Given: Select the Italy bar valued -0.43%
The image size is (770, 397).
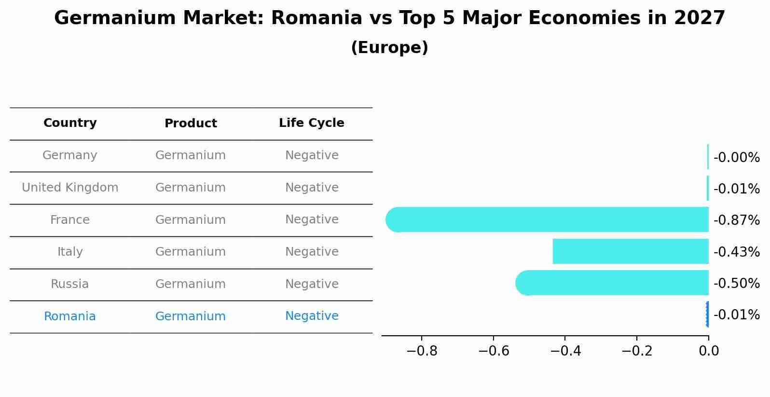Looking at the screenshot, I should click(x=630, y=251).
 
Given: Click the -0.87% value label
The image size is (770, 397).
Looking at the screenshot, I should click(x=736, y=220).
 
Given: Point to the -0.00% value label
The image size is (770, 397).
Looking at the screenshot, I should click(x=736, y=158).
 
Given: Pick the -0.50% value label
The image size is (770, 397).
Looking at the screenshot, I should click(x=736, y=283).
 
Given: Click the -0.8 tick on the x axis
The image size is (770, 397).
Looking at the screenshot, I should click(x=422, y=351).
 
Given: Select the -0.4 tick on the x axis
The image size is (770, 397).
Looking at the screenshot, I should click(x=565, y=351).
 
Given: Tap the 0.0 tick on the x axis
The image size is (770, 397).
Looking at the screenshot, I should click(x=708, y=351).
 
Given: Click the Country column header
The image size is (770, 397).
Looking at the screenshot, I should click(x=70, y=123).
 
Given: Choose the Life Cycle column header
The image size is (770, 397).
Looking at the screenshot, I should click(x=311, y=123).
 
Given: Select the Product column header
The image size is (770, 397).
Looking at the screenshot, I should click(x=191, y=123).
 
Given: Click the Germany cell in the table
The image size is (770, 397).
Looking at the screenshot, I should click(x=70, y=155).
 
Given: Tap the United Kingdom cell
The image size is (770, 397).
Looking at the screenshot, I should click(x=70, y=188).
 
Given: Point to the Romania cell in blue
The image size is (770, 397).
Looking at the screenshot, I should click(x=70, y=316).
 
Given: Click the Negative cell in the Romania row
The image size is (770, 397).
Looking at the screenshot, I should click(x=312, y=316).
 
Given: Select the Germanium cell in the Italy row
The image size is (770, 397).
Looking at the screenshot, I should click(x=191, y=252).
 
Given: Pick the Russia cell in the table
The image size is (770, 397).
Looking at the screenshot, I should click(x=70, y=284).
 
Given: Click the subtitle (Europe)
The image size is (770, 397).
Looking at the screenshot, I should click(x=389, y=48).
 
